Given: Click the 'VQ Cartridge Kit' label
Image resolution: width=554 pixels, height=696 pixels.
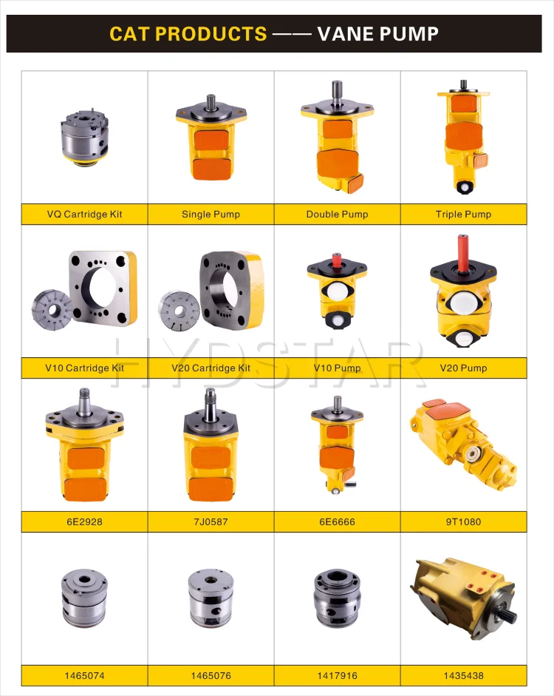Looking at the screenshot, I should tap(84, 214).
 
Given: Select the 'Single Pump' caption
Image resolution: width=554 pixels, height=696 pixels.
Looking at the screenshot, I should tap(211, 214).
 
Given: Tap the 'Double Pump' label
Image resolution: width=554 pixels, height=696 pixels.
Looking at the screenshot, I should tap(337, 214).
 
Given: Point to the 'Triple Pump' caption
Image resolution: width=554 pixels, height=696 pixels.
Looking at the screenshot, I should tap(463, 214).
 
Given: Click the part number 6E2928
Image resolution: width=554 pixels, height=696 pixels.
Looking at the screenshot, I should tap(84, 522).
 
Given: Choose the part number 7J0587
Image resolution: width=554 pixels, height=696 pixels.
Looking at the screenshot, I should tap(211, 522).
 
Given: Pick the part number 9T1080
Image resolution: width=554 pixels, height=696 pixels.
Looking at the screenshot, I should tap(463, 522).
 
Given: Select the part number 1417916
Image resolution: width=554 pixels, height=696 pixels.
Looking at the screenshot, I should tap(337, 675).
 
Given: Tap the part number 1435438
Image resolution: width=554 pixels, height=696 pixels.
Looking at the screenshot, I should tap(463, 675).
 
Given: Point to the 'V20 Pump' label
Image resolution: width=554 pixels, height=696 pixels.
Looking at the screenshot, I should tap(463, 368).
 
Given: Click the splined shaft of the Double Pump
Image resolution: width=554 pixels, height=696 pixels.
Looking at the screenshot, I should tap(338, 90).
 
